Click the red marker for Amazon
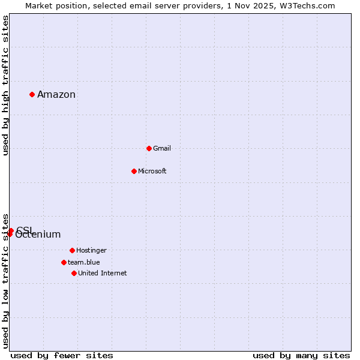pos(32,94)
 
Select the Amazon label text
pos(56,94)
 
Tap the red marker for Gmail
pos(149,148)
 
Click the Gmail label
pos(162,148)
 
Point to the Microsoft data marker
pos(134,171)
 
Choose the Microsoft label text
pos(152,171)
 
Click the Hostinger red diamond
pos(72,250)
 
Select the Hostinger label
pos(91,250)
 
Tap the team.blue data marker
pos(64,262)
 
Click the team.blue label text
pos(84,262)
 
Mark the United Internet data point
pos(74,273)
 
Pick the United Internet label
pos(103,273)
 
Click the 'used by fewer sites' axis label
pos(62,355)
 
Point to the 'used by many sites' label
pos(301,355)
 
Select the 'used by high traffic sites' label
pos(5,85)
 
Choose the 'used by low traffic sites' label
pos(5,281)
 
